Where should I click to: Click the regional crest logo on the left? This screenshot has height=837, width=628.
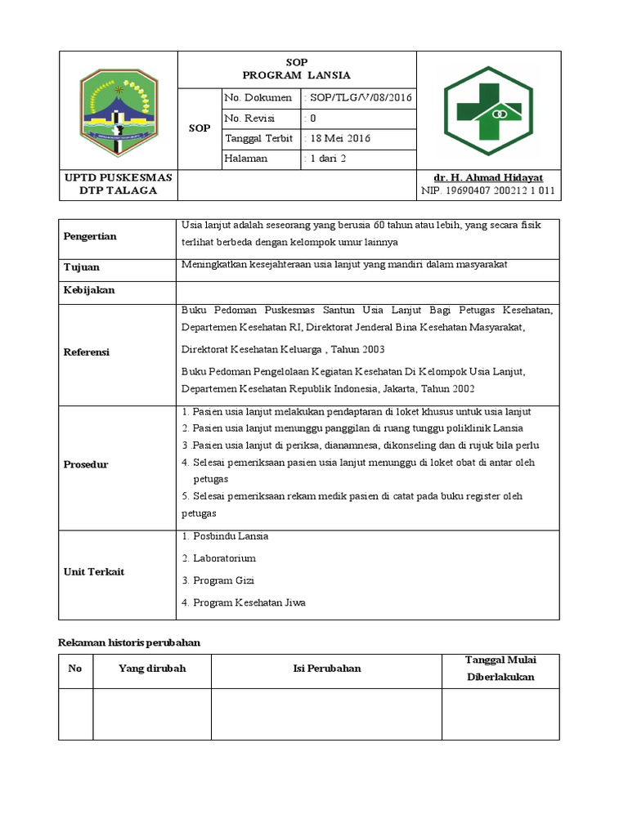click(118, 110)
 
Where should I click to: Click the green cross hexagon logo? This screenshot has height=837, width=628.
click(487, 110)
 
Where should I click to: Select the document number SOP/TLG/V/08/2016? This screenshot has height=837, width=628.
click(358, 98)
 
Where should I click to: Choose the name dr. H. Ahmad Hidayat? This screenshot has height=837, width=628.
click(488, 177)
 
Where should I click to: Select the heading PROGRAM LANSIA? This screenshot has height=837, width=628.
click(297, 75)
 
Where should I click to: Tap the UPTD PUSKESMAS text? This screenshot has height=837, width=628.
click(118, 177)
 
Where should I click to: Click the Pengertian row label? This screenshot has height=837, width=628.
click(90, 236)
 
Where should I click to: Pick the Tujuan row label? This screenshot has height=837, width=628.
click(81, 267)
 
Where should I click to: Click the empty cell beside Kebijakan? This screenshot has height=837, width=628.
click(368, 291)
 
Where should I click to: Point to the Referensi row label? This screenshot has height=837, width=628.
click(87, 352)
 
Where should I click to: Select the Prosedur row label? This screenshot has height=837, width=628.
click(86, 464)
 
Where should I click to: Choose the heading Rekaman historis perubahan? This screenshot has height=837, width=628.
click(129, 643)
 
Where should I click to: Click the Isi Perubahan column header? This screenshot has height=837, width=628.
click(327, 669)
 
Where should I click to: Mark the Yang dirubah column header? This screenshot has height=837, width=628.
click(152, 669)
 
